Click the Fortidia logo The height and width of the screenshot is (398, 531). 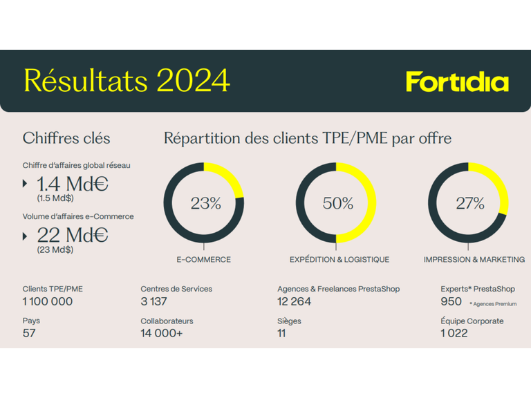(x=457, y=82)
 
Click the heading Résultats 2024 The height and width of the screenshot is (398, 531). (x=127, y=81)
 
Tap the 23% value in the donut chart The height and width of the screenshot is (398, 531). (x=205, y=203)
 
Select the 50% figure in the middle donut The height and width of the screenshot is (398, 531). (x=337, y=203)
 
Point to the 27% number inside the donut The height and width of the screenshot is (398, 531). (x=469, y=203)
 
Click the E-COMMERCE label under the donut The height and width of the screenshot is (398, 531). (x=203, y=260)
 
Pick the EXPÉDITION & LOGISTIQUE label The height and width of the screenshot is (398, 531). (x=339, y=260)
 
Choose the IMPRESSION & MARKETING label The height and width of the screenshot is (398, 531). (x=474, y=260)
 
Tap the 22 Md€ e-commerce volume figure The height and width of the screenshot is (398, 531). (x=72, y=235)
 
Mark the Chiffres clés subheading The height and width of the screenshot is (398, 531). (x=66, y=138)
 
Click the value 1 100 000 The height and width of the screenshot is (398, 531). (x=48, y=301)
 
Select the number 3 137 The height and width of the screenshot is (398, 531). (x=153, y=301)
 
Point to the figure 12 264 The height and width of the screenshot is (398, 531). (x=294, y=301)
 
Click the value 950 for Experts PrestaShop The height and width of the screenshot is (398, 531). (x=451, y=301)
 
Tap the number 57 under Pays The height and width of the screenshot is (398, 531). (x=29, y=333)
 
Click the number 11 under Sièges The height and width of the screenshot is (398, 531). (x=281, y=333)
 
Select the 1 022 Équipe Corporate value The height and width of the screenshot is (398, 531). (x=454, y=333)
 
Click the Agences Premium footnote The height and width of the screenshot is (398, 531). (x=493, y=304)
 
